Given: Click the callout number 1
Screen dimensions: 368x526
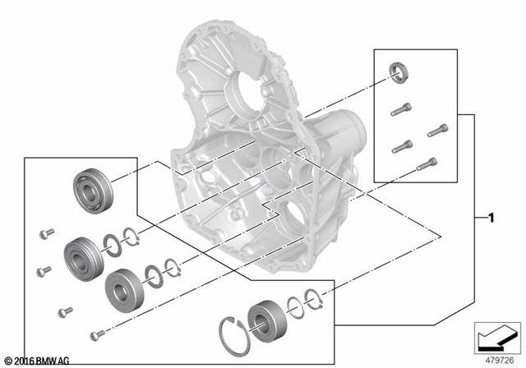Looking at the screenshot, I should pyautogui.click(x=490, y=218).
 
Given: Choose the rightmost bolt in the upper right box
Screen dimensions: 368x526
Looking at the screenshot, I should pyautogui.click(x=436, y=130).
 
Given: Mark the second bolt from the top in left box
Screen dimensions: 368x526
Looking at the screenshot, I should pyautogui.click(x=44, y=269).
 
